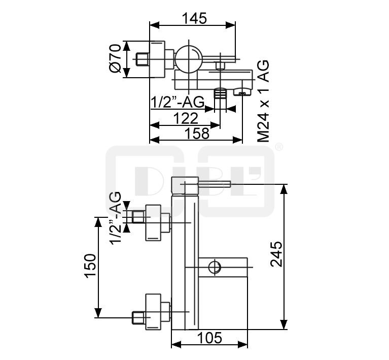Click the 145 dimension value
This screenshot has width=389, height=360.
coord(194,18)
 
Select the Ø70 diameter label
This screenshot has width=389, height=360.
coord(115,58)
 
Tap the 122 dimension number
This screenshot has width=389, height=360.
coord(186,118)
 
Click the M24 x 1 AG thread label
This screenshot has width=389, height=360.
coord(263,102)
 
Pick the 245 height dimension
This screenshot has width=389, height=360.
coord(276,254)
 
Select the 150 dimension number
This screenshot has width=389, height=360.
coord(90,266)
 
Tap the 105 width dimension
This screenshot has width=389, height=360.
coord(209,338)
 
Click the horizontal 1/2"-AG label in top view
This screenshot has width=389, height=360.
coord(178,102)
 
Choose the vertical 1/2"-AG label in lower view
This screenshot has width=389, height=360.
coord(115,218)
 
